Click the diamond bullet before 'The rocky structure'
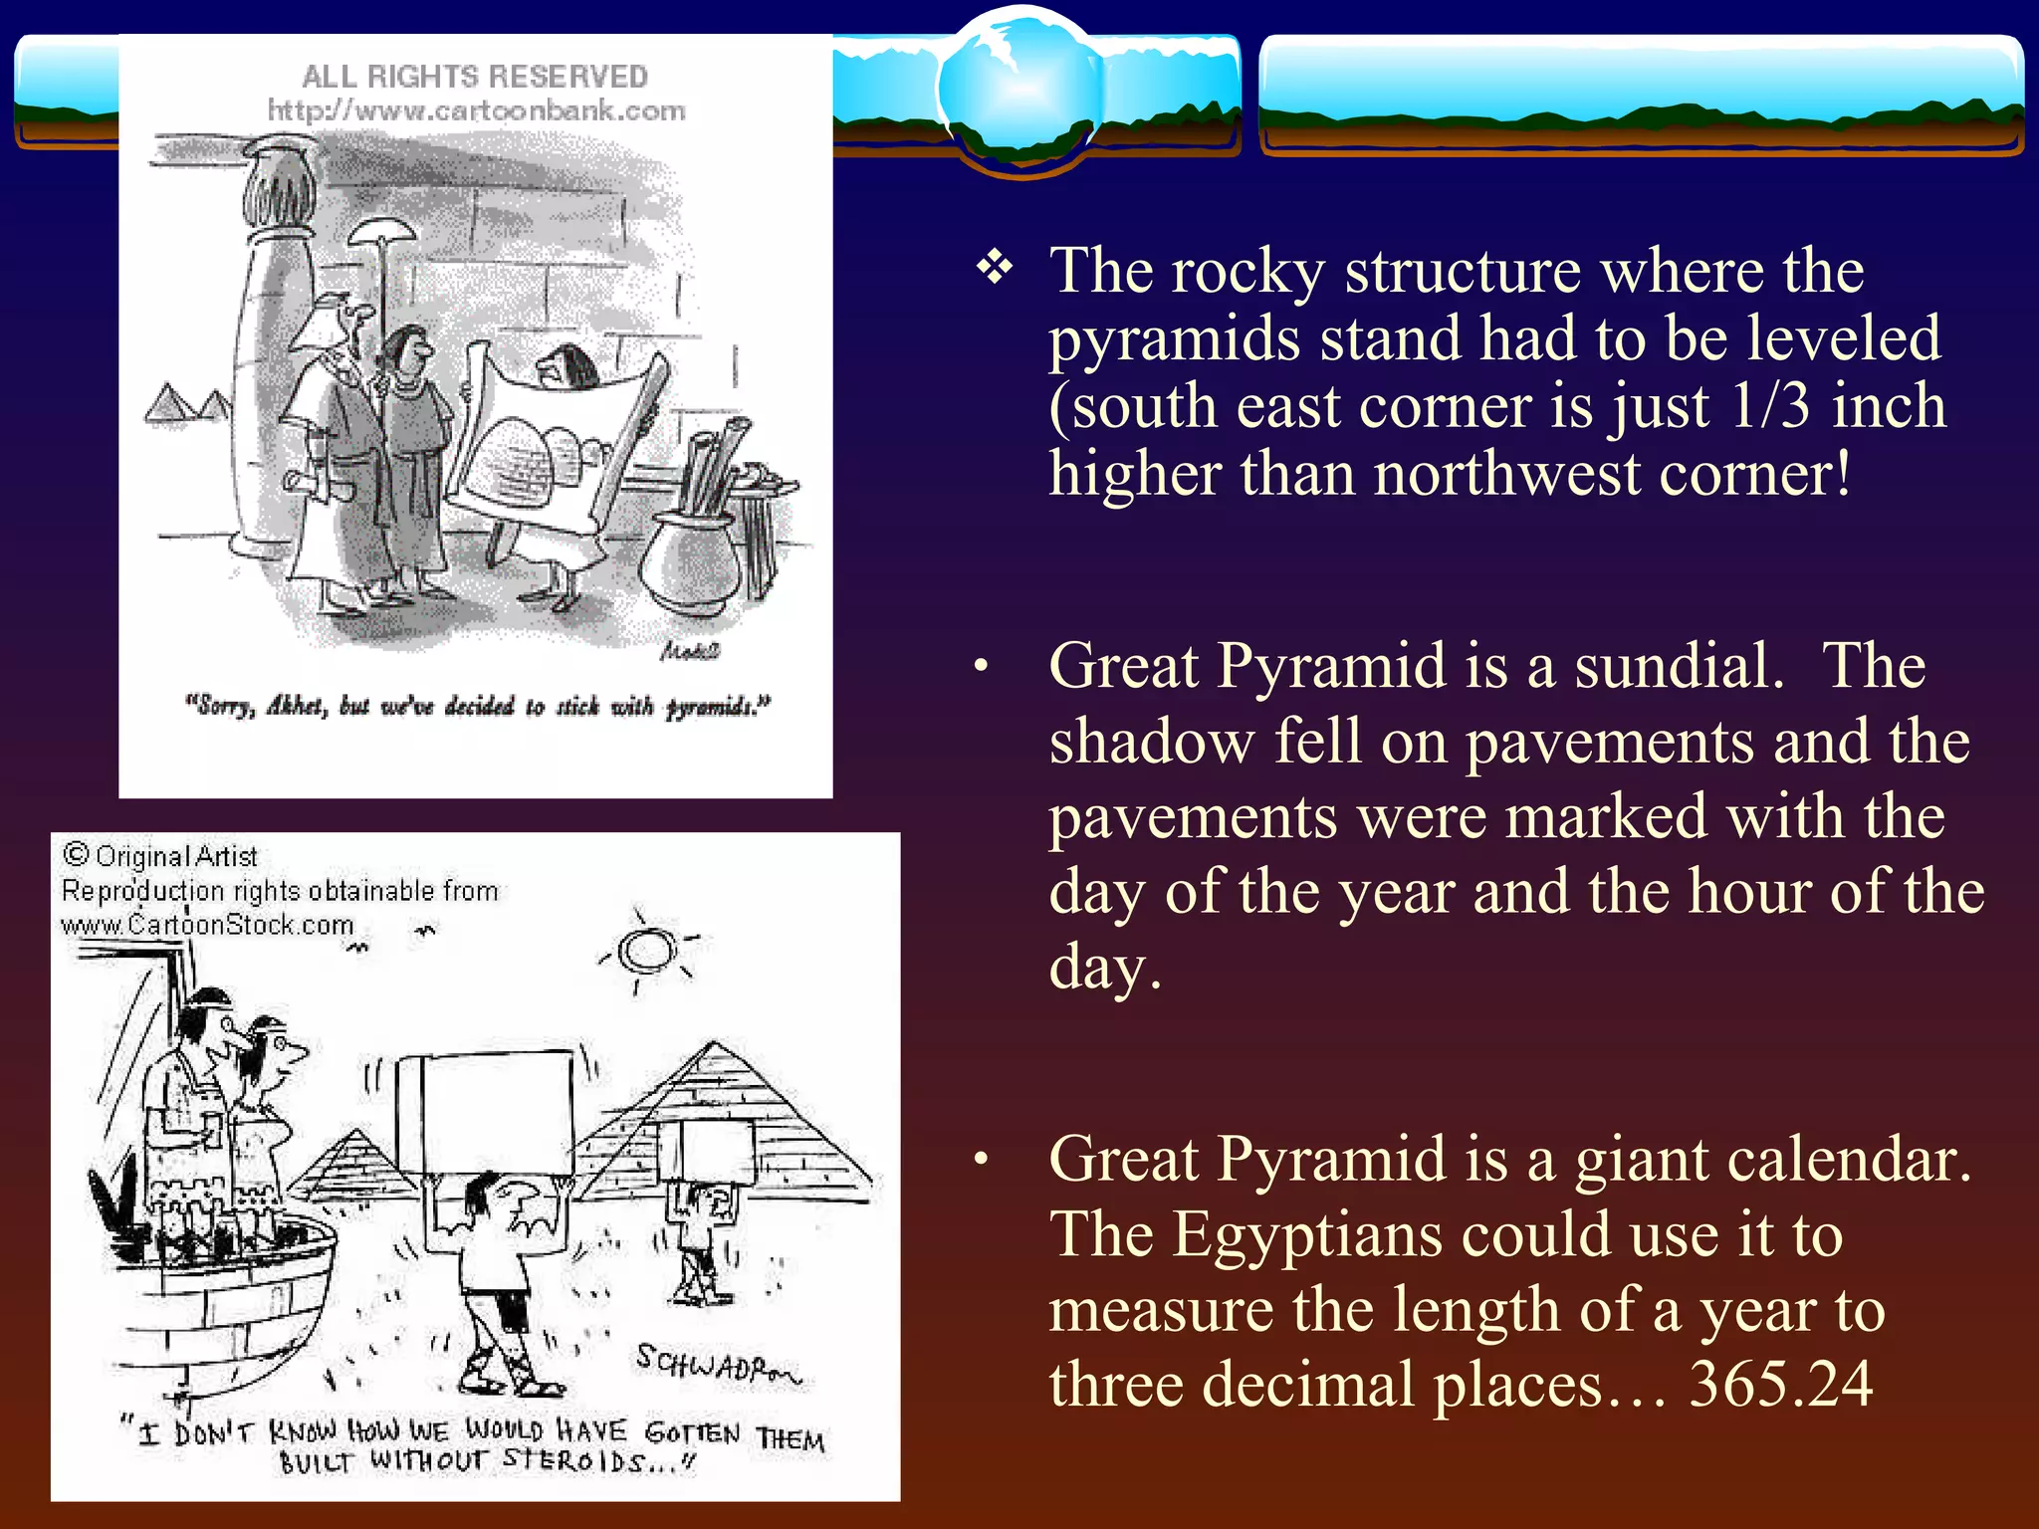tap(995, 267)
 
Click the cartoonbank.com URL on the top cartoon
tap(476, 109)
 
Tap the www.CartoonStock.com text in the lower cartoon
tap(207, 925)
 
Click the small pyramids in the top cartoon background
tap(187, 403)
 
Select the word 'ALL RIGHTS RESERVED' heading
tap(475, 76)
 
